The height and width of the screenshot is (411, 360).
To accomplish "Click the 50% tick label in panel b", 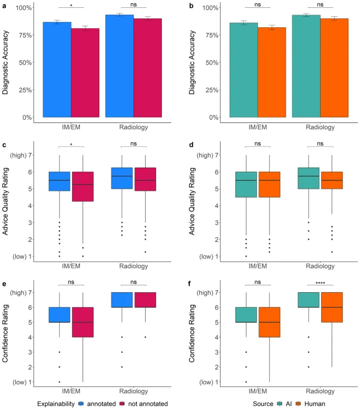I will (x=212, y=63).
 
